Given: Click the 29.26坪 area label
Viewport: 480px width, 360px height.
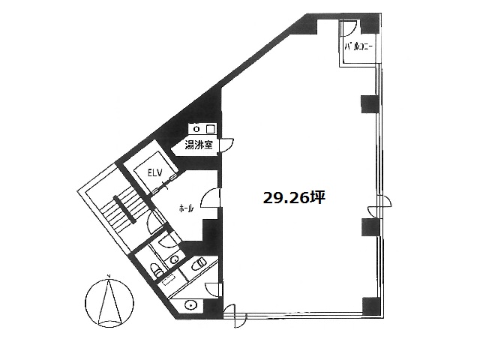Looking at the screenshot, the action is [294, 198].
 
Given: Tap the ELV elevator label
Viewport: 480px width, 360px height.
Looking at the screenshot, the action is [154, 173].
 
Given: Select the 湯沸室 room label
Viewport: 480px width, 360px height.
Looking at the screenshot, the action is [198, 145].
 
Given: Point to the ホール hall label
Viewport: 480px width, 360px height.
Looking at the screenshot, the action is [187, 209].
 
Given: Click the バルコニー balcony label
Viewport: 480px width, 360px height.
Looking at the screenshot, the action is [358, 46].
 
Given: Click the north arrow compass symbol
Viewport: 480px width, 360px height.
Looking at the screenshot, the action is [109, 301].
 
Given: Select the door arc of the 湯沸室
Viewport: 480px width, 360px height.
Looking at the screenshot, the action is [226, 145].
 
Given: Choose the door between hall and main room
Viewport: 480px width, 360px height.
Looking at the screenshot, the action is [210, 199].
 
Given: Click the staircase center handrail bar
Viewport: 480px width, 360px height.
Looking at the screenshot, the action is [124, 209].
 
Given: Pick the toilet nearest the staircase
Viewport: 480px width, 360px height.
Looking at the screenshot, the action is [156, 270].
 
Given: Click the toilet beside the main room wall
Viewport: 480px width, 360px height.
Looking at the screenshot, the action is [199, 263].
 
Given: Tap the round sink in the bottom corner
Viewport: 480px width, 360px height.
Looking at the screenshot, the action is [190, 305].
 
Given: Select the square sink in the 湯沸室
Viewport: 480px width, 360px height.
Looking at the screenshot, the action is [210, 129].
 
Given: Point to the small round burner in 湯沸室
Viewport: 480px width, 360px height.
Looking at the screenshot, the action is [197, 129].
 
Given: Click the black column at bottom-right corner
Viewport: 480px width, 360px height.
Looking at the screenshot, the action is [371, 307].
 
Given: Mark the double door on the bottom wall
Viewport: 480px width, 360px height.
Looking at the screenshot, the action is [234, 316].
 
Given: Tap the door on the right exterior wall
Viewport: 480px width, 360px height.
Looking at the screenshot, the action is [379, 205].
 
